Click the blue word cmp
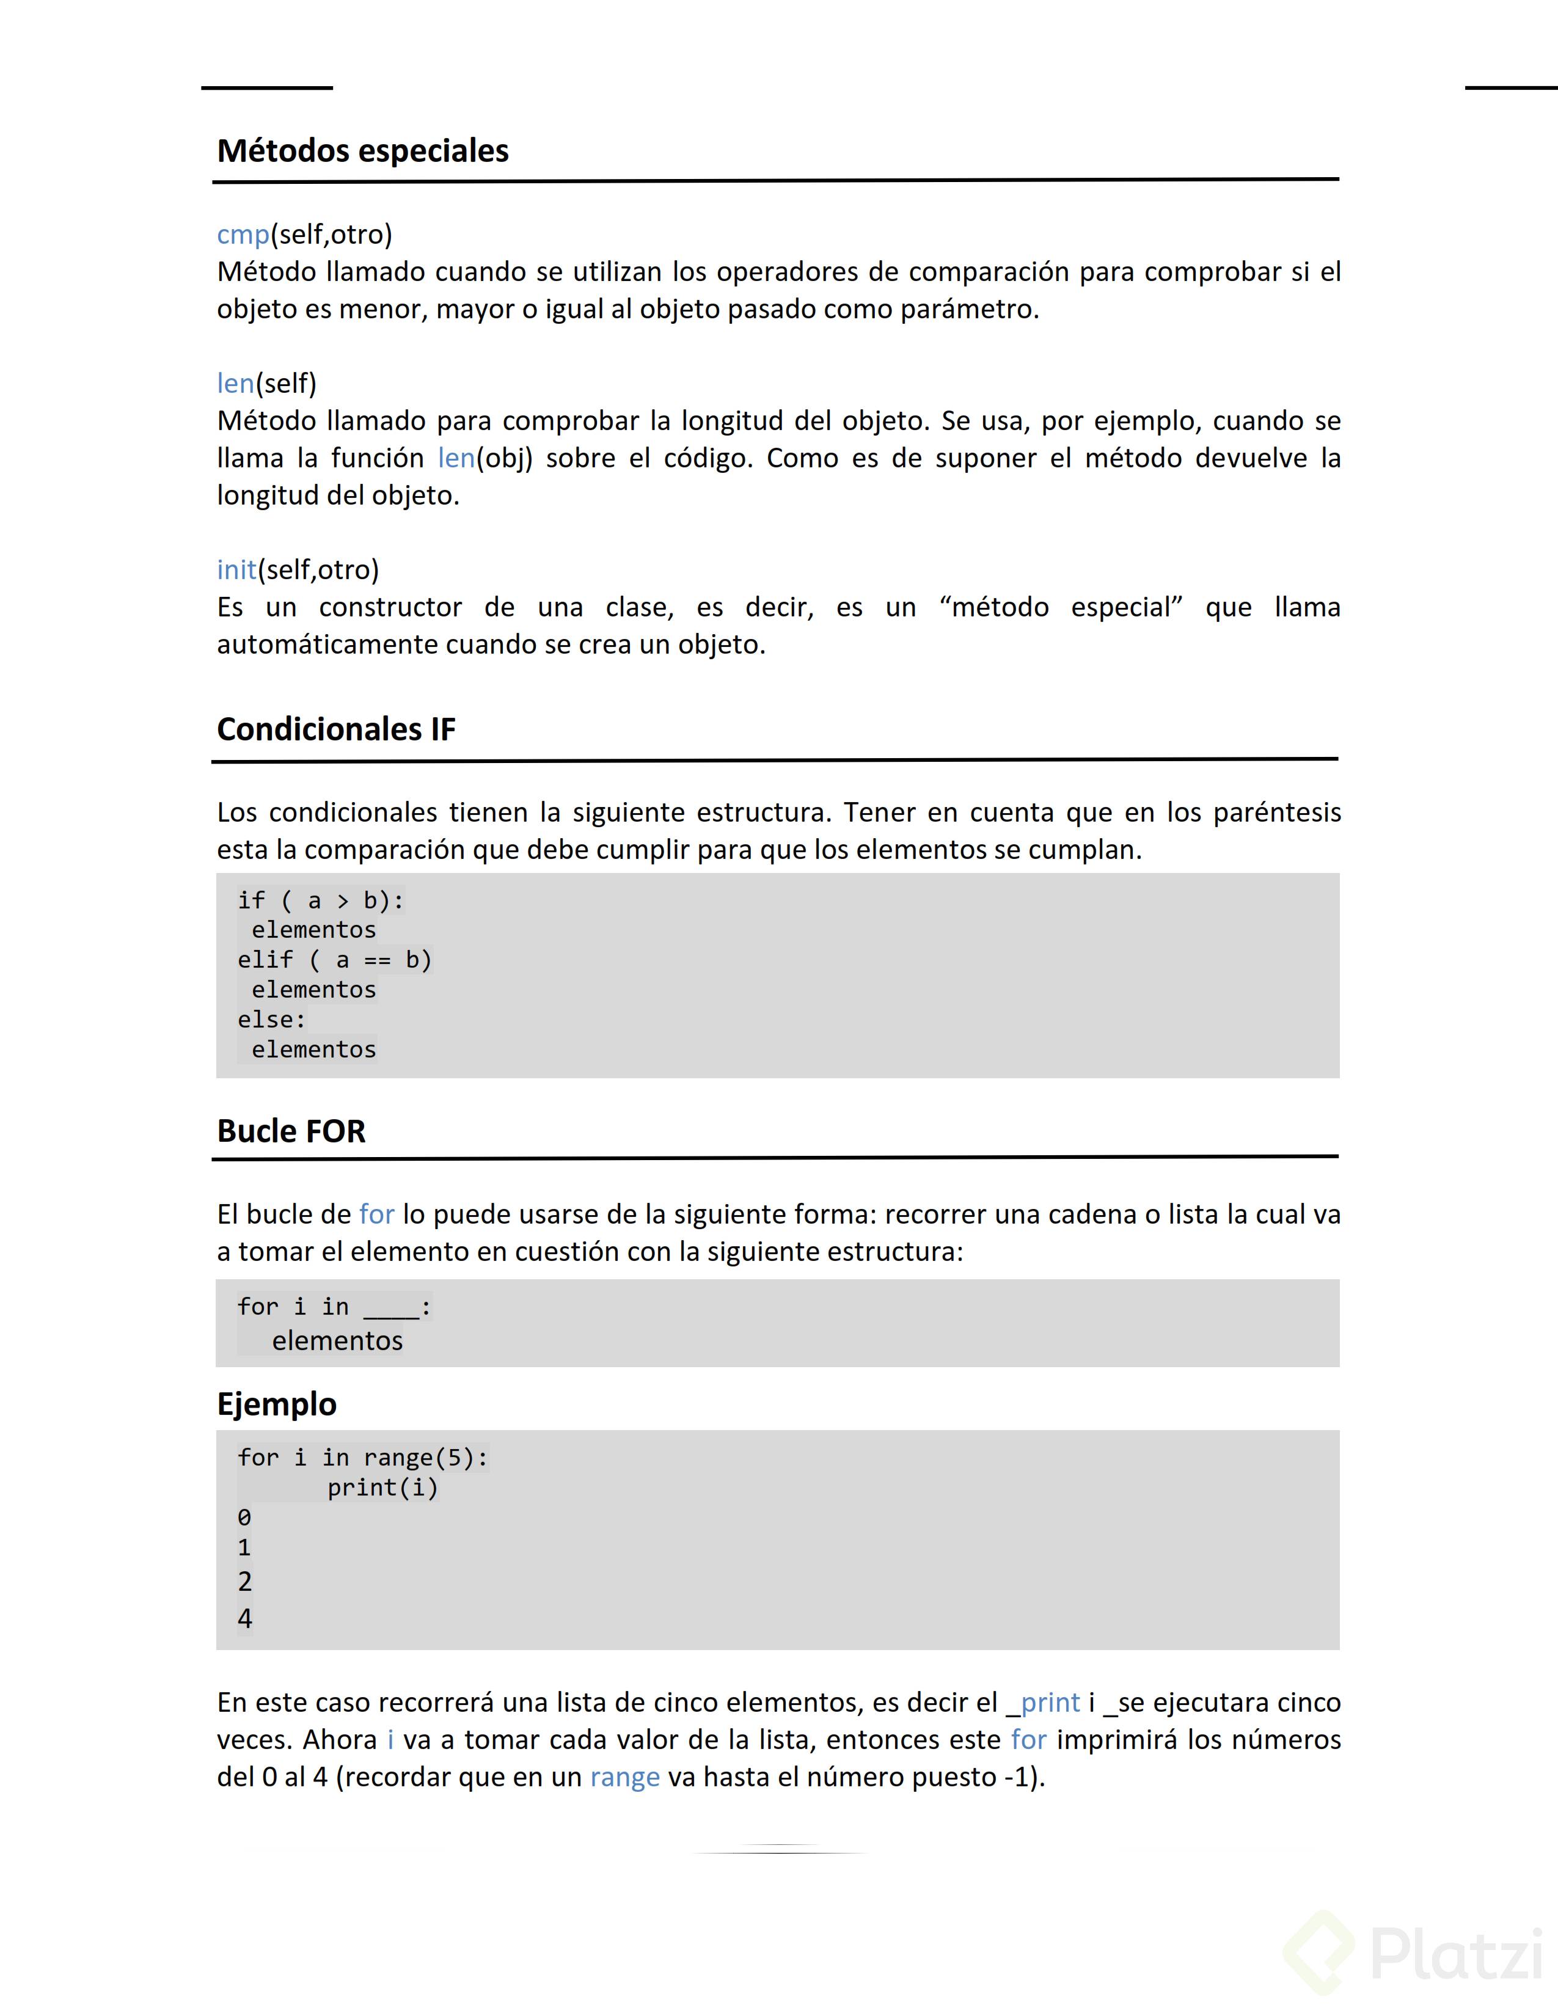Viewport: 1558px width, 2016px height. click(x=243, y=235)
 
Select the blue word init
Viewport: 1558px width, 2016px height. click(x=236, y=569)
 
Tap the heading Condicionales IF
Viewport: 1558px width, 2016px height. click(x=336, y=729)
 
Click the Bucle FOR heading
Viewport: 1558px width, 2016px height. click(x=291, y=1131)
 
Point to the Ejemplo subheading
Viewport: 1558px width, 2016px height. click(x=276, y=1404)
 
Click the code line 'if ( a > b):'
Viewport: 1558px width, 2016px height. click(x=320, y=900)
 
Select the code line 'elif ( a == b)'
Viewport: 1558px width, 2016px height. click(x=334, y=960)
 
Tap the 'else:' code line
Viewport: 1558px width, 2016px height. click(x=271, y=1020)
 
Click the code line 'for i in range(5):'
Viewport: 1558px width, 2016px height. click(x=362, y=1458)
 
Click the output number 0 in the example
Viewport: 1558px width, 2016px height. click(x=244, y=1517)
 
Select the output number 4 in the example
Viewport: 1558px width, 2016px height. click(x=244, y=1619)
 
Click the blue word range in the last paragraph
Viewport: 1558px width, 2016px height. click(x=625, y=1778)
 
